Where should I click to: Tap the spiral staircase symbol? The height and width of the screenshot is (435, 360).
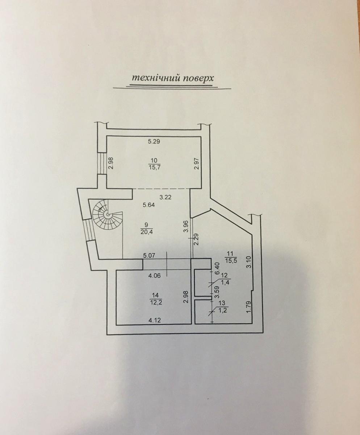tap(108, 215)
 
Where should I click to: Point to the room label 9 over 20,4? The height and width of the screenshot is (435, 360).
tap(147, 228)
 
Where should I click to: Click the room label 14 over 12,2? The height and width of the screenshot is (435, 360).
tap(156, 299)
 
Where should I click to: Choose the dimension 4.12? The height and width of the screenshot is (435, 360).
tap(155, 326)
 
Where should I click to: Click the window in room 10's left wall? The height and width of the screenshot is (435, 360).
tap(102, 163)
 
